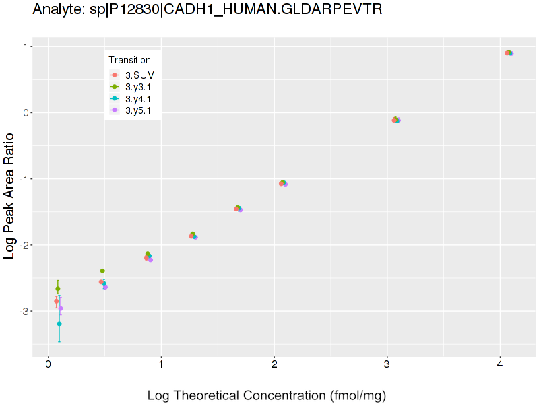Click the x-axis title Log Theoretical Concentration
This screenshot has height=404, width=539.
(x=267, y=395)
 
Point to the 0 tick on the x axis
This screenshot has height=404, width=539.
(x=49, y=364)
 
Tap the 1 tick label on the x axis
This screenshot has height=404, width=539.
(x=161, y=364)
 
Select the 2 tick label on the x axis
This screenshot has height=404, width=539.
(x=274, y=364)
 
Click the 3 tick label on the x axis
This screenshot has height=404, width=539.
(x=387, y=364)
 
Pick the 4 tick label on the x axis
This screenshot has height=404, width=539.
(x=500, y=364)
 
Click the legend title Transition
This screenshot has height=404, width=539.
(x=130, y=60)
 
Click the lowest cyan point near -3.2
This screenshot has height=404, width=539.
(x=59, y=324)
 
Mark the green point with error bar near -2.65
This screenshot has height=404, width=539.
(x=58, y=289)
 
